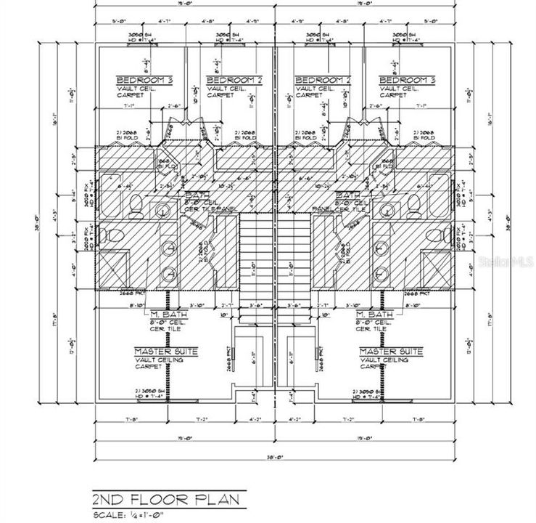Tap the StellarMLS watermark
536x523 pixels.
tap(507, 257)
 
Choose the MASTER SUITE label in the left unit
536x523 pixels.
tap(166, 351)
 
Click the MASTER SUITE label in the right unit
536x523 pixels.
tap(392, 351)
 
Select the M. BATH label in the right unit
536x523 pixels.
tap(375, 314)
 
